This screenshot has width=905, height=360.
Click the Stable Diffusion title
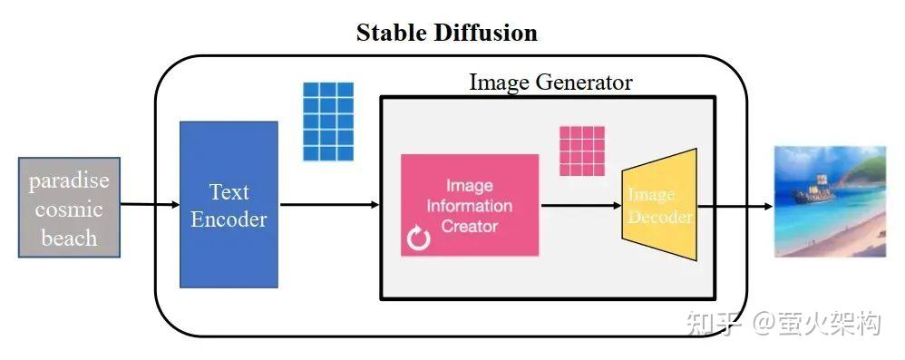[446, 34]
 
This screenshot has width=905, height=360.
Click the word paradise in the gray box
[69, 180]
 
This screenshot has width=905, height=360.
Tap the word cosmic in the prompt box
[69, 209]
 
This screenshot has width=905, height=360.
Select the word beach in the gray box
[69, 238]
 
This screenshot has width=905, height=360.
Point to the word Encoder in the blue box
[229, 219]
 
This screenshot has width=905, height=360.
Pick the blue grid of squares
[327, 121]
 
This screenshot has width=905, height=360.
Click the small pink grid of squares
[581, 151]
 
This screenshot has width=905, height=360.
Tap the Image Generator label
[550, 83]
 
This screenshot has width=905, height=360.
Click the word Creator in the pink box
[470, 226]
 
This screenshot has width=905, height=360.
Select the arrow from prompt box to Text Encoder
[149, 205]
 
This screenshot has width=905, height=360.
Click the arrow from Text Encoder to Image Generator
[327, 205]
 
